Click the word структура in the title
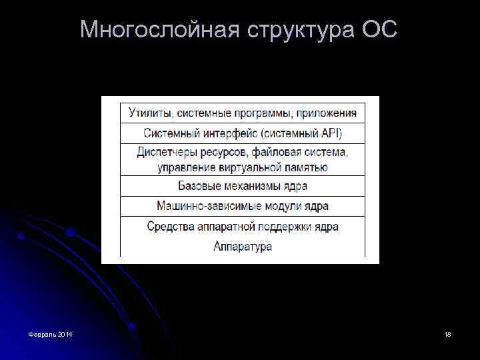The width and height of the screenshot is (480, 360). [x=300, y=29]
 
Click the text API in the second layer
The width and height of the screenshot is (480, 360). [x=330, y=133]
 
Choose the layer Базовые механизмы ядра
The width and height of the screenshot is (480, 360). [x=243, y=186]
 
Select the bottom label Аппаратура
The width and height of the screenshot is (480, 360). [x=243, y=247]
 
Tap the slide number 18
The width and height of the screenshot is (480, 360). [x=447, y=333]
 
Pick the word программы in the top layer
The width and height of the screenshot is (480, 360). [x=249, y=113]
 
